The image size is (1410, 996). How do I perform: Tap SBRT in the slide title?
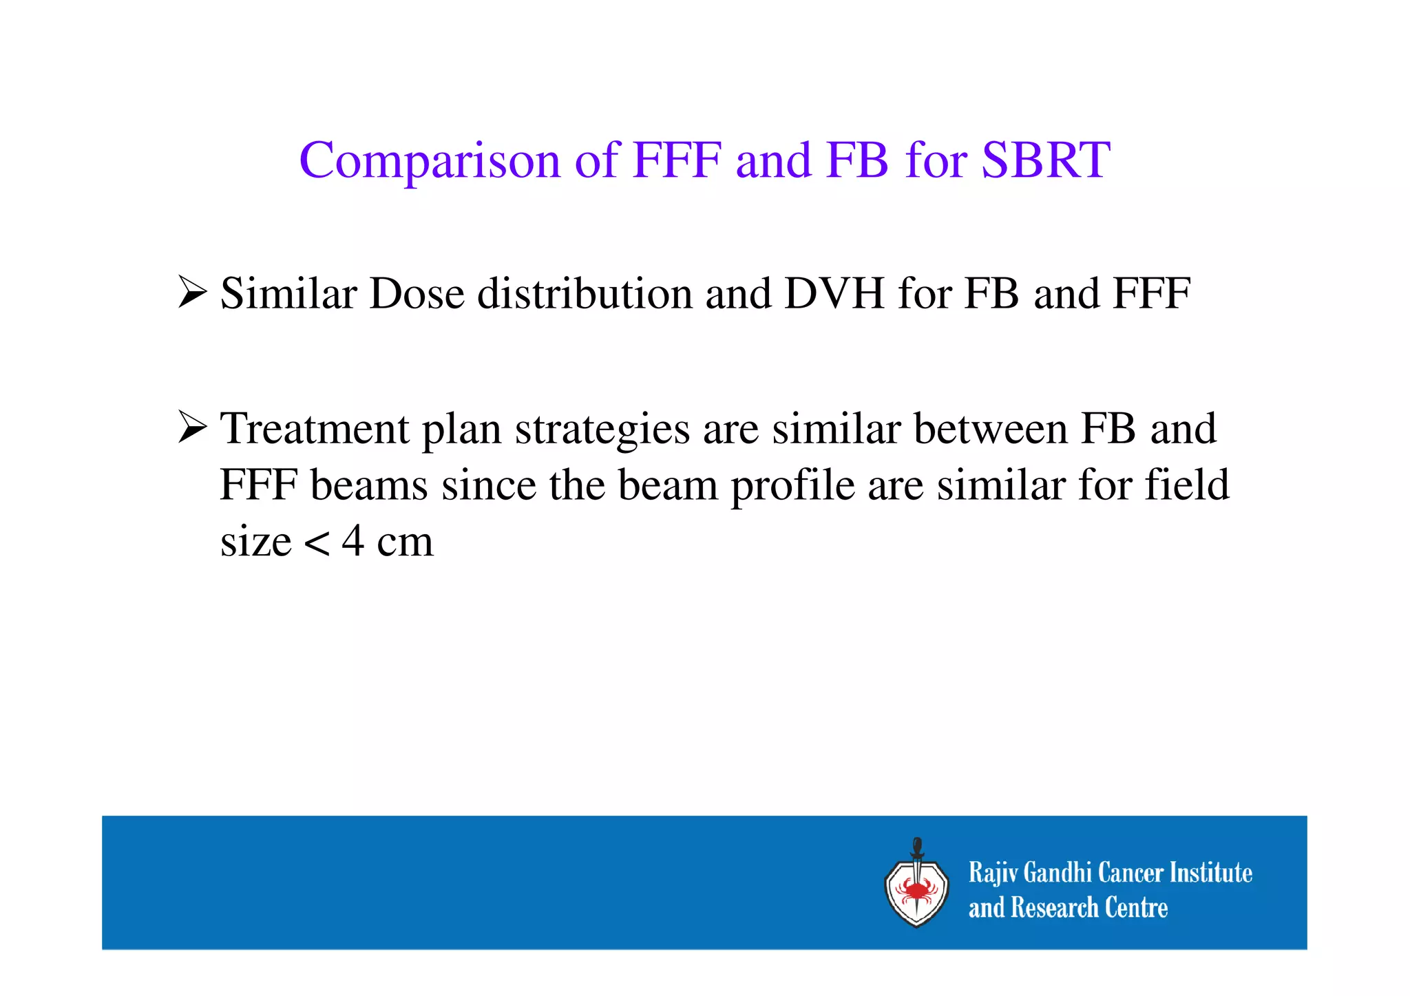click(x=1045, y=160)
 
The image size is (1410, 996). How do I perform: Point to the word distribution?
click(x=585, y=294)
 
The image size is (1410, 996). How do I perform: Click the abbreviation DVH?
click(x=834, y=294)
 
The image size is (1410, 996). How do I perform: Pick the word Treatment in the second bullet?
click(x=314, y=429)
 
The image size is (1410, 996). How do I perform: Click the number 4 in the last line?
click(x=352, y=541)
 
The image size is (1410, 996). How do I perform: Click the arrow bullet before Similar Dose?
click(x=192, y=292)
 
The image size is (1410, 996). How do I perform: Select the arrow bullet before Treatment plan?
click(x=192, y=427)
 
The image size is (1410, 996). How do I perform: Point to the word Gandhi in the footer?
click(x=1057, y=873)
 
